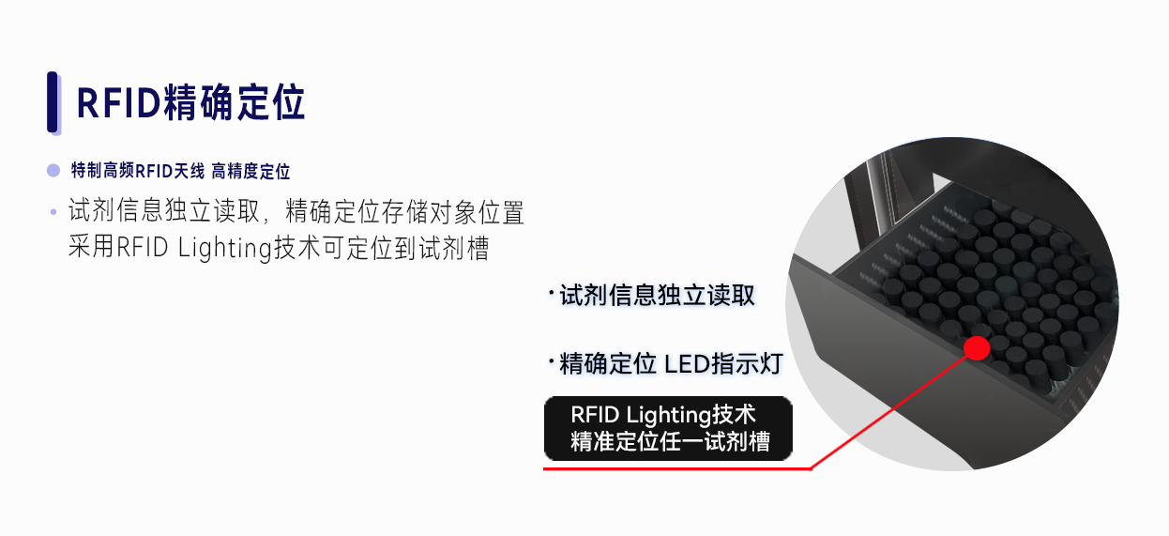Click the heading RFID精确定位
[190, 102]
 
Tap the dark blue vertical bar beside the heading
[53, 101]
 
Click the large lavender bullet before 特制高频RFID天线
[53, 171]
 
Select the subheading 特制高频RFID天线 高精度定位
[180, 171]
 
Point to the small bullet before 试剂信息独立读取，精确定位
[53, 212]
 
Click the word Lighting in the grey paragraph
[224, 248]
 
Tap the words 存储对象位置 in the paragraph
[452, 212]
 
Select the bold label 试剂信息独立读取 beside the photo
[657, 296]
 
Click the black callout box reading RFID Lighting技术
[668, 428]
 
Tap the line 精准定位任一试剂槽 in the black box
[670, 441]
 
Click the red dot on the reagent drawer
[977, 348]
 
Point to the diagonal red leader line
[888, 412]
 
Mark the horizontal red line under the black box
[676, 468]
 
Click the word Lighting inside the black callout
[669, 416]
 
